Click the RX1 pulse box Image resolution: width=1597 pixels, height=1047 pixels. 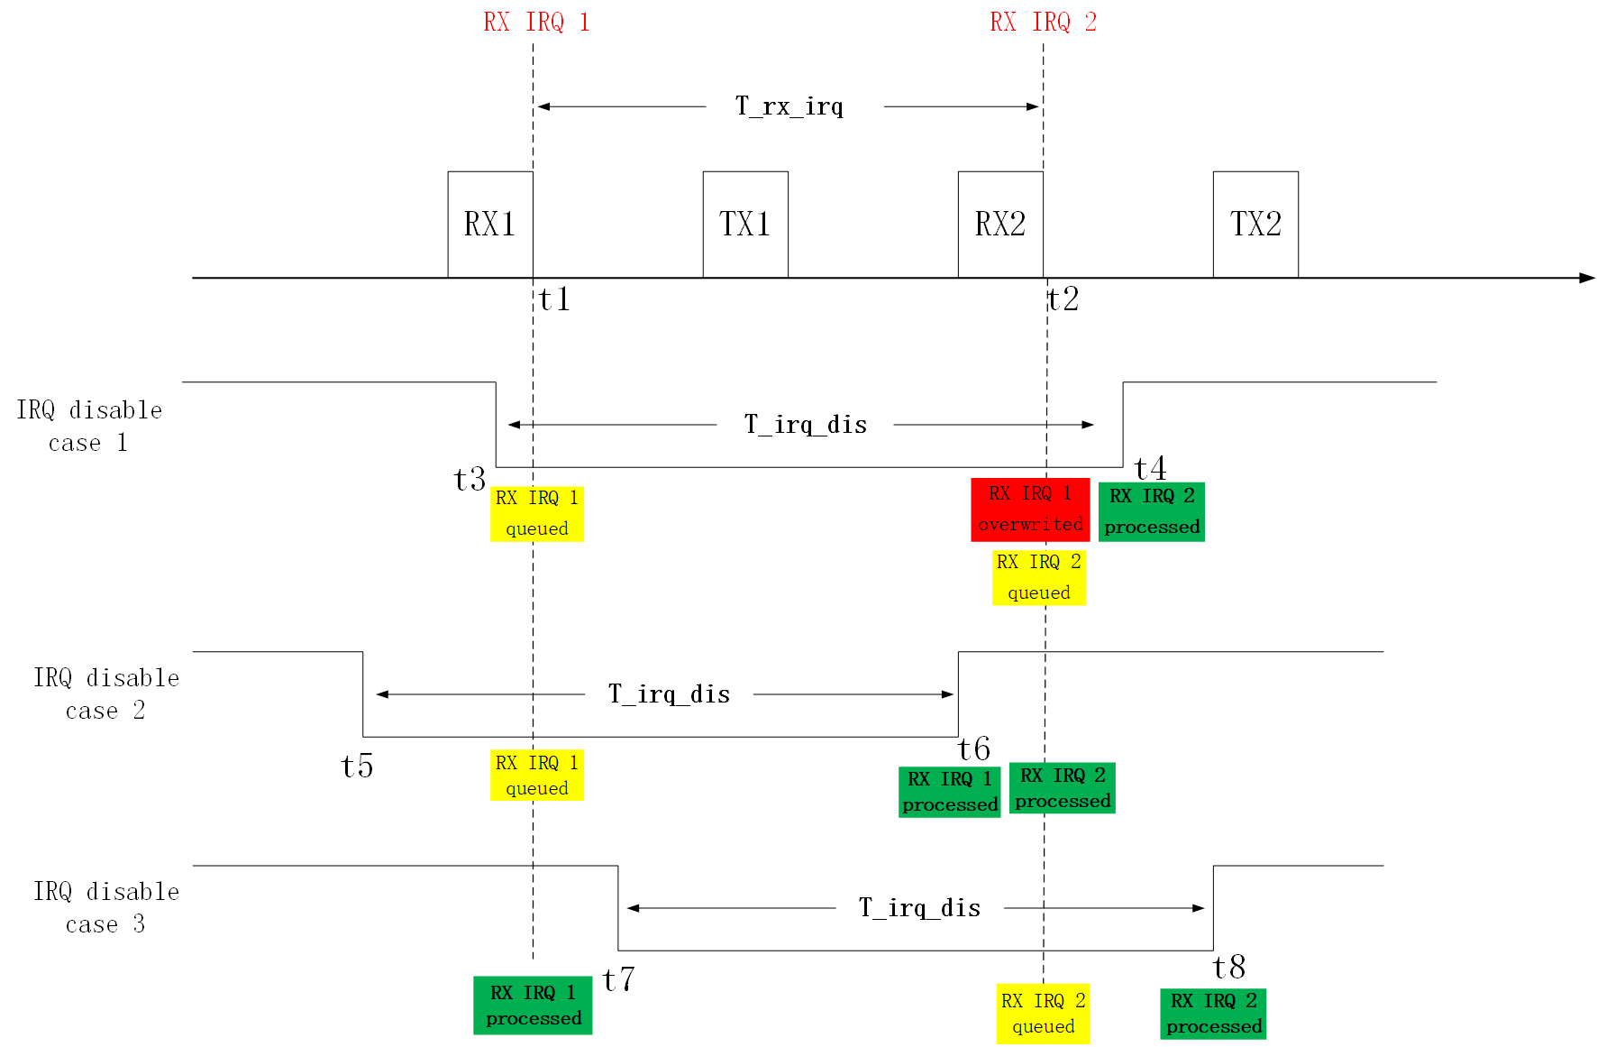click(x=490, y=224)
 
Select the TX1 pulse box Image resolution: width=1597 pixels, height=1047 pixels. click(x=745, y=224)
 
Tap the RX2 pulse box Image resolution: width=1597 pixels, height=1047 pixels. click(x=1000, y=224)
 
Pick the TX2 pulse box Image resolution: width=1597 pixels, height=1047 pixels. click(x=1255, y=224)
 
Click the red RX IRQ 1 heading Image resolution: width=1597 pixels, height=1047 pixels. click(x=536, y=23)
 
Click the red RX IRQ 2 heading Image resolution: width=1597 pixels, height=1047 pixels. click(x=1043, y=23)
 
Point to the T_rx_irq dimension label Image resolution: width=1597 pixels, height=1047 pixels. click(x=789, y=106)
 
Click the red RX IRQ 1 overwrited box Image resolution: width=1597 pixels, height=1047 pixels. click(x=1030, y=510)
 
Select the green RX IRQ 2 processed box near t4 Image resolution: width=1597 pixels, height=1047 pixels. click(x=1152, y=511)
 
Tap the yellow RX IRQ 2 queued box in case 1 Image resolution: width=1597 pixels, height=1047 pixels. click(x=1038, y=577)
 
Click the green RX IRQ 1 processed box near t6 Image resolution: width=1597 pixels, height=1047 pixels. click(x=950, y=792)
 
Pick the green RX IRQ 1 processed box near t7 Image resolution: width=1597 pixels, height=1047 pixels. click(x=533, y=1006)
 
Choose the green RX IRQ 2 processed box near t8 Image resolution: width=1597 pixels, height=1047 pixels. click(x=1213, y=1014)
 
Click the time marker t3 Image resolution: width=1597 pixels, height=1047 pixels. click(x=470, y=479)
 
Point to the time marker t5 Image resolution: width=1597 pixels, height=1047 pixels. click(x=357, y=766)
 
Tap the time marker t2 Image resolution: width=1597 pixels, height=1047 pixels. click(x=1063, y=298)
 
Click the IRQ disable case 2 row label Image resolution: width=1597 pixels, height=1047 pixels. click(x=106, y=693)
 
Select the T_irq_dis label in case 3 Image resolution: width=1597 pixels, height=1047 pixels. click(x=919, y=908)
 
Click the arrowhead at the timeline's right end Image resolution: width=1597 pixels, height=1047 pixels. click(x=1587, y=278)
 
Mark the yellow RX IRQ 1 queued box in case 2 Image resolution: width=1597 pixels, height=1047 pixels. click(x=536, y=775)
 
